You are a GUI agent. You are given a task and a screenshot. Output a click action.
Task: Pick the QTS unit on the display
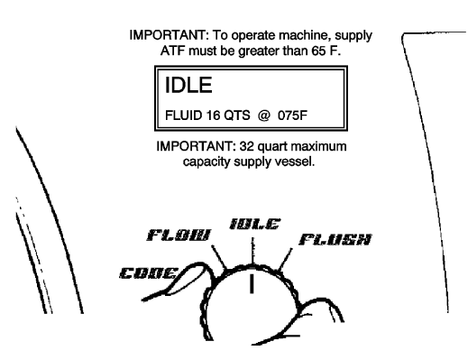236,116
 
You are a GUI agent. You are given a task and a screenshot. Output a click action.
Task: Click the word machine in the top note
310,35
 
